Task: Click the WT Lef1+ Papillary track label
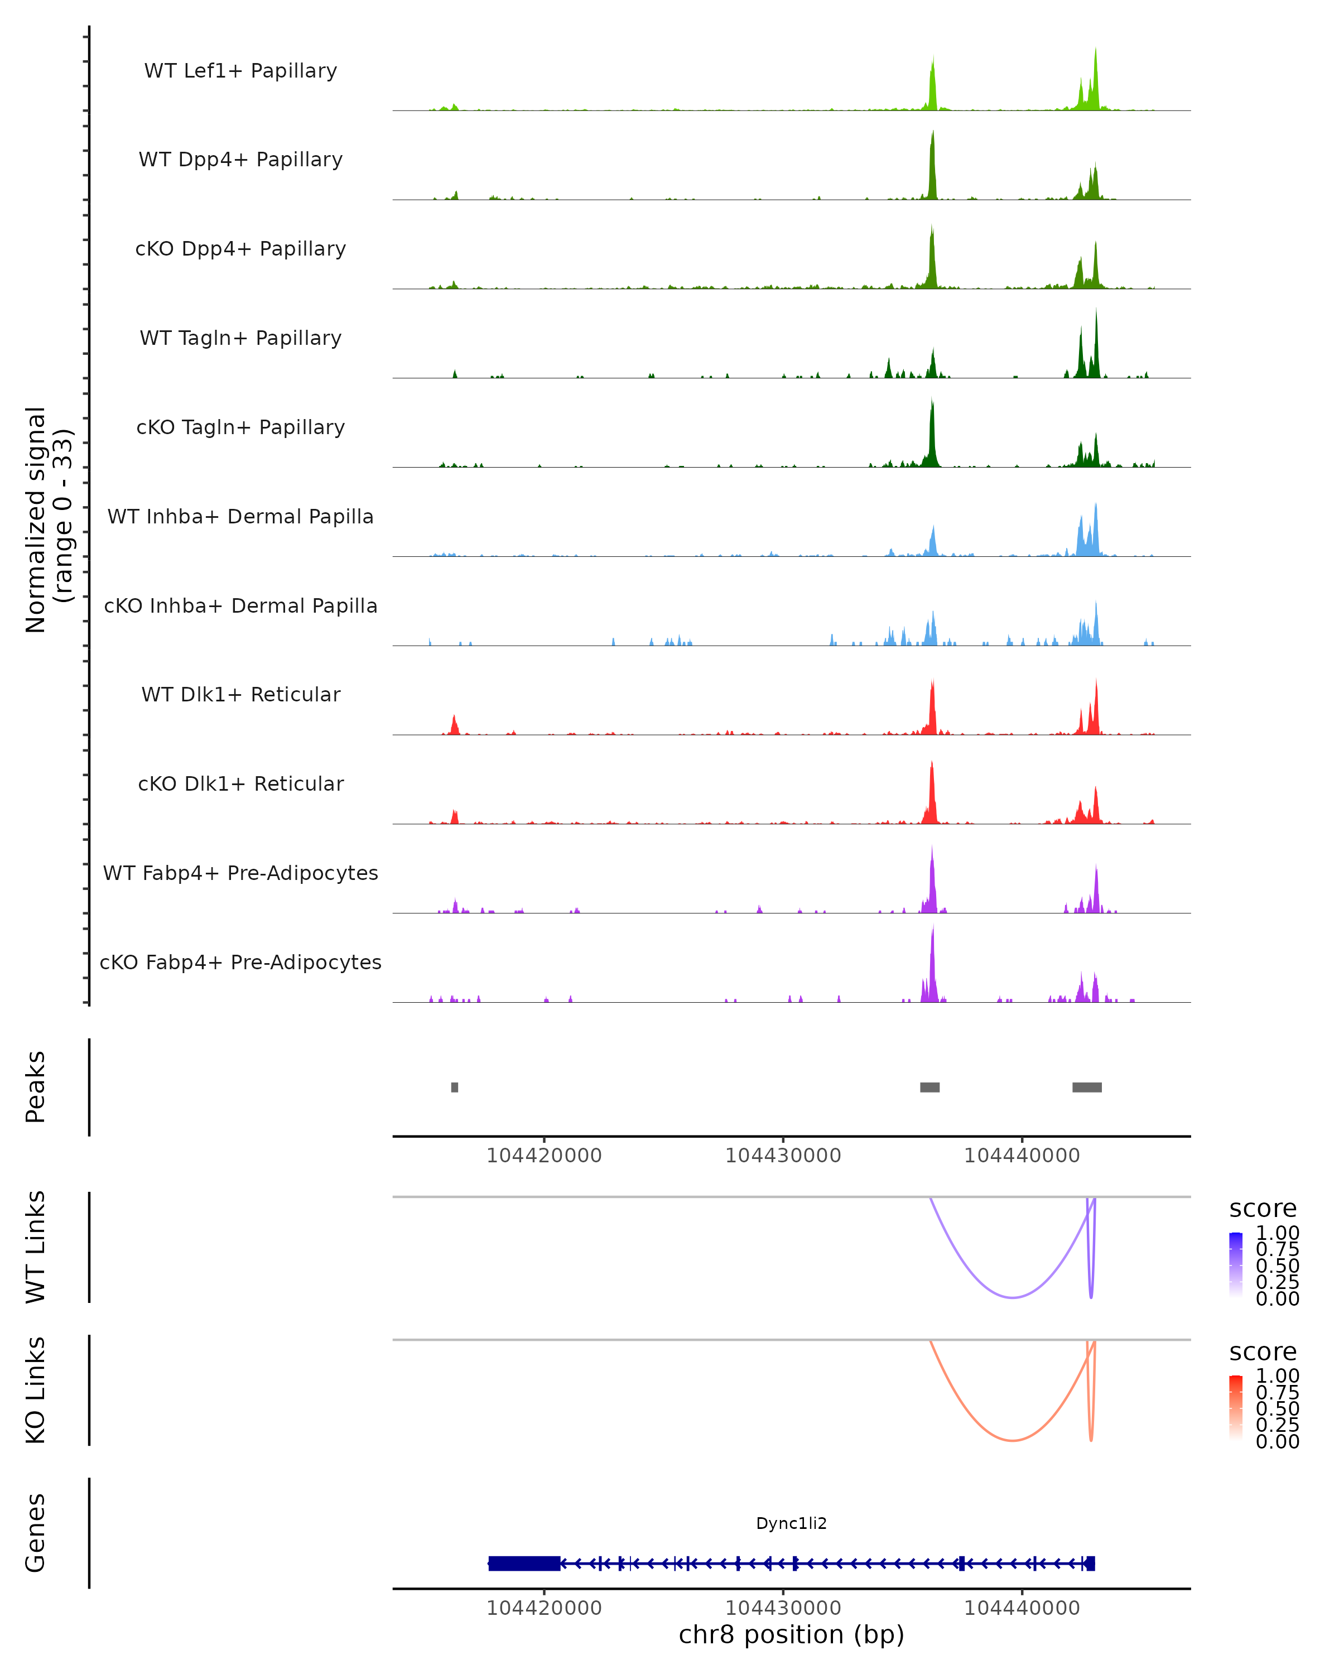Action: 240,71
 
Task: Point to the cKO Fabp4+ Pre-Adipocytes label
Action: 240,962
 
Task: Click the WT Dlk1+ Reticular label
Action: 240,694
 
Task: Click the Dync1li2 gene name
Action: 791,1523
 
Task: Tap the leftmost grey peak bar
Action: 454,1087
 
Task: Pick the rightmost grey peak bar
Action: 1087,1087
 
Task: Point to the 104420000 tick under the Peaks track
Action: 543,1156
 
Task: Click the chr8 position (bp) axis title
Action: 791,1635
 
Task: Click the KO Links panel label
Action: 36,1390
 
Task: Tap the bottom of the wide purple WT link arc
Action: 1012,1297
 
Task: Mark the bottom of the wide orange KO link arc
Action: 1012,1440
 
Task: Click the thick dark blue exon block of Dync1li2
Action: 524,1563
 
